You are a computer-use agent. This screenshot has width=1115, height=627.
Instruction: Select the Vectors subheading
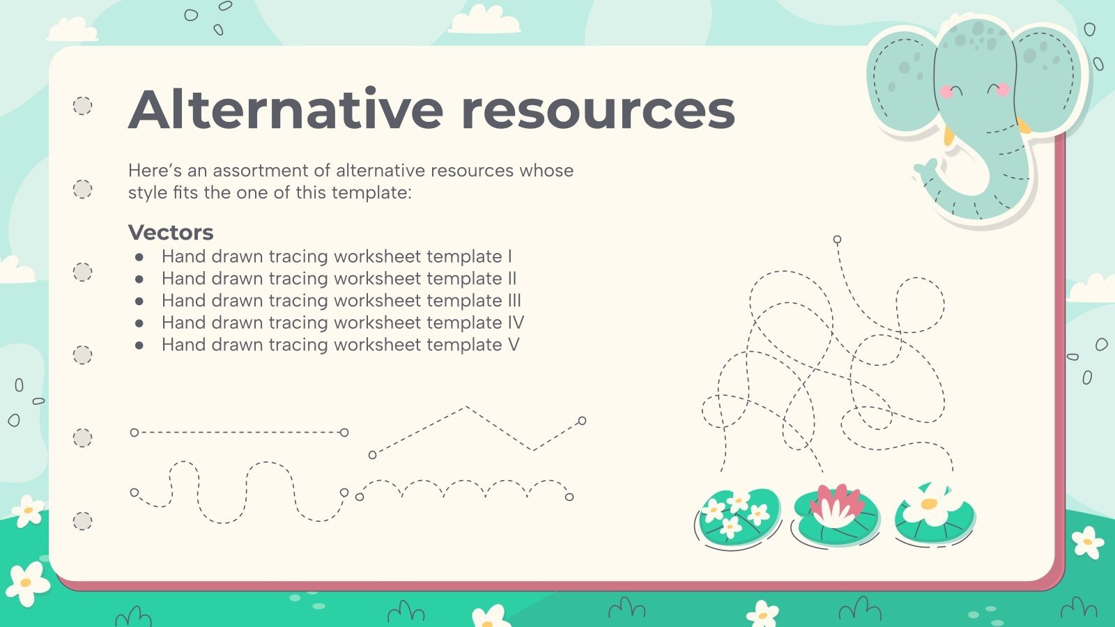tap(171, 232)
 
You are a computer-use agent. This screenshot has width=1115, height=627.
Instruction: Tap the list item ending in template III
tap(341, 300)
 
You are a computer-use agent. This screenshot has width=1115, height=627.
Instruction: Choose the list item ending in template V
tap(340, 345)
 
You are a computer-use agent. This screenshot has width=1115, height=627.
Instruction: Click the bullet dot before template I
tap(139, 257)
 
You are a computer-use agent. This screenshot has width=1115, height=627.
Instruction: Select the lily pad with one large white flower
tap(934, 514)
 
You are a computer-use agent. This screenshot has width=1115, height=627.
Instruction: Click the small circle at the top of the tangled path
tap(837, 240)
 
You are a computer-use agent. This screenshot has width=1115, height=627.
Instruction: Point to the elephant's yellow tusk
tap(1022, 126)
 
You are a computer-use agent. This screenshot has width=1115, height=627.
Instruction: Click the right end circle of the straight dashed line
tap(344, 433)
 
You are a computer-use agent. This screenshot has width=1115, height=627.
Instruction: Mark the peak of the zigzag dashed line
tap(466, 407)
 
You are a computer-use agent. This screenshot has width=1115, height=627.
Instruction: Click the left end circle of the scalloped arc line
tap(360, 497)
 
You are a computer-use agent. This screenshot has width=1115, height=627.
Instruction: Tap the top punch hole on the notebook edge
tap(82, 106)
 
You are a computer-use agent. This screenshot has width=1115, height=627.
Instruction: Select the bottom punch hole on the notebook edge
tap(82, 521)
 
